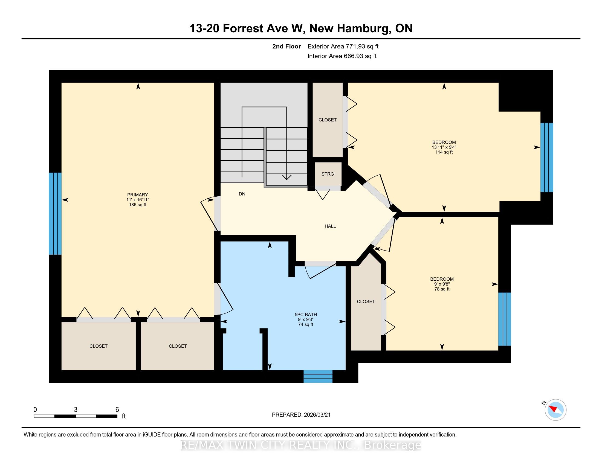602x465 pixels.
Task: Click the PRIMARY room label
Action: (x=138, y=195)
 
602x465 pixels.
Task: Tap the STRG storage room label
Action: (x=328, y=174)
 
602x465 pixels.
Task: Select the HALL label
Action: (x=330, y=226)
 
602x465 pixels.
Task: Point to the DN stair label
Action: (x=242, y=194)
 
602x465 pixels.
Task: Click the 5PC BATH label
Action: (x=306, y=315)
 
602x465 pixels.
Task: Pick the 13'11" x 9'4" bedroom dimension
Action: (x=444, y=147)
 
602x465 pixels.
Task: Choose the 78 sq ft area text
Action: (x=442, y=289)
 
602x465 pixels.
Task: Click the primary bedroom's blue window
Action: (x=55, y=214)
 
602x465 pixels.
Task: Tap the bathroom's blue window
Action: (x=318, y=376)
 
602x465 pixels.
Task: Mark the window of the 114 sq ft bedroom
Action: (x=547, y=157)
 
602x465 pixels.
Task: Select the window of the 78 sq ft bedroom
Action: (x=505, y=319)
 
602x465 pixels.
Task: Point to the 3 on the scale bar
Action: (x=76, y=410)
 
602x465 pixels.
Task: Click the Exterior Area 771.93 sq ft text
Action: (x=343, y=47)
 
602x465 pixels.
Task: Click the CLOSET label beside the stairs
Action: (x=328, y=120)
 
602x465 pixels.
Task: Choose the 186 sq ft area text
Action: (x=138, y=205)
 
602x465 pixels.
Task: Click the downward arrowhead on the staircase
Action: (x=287, y=178)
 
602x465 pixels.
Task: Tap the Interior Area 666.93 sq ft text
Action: (x=342, y=56)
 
